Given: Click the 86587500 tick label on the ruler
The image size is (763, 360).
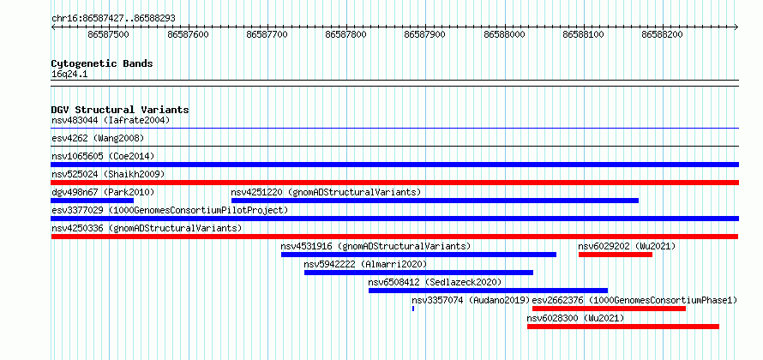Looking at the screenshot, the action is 109,34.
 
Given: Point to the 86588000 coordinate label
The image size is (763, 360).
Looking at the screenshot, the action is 505,34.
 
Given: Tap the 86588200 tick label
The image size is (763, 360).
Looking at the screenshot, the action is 663,34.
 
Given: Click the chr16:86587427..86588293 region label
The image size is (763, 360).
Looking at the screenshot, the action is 113,19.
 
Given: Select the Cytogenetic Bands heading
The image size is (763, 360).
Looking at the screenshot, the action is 102,63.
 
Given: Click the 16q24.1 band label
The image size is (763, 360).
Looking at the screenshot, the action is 69,75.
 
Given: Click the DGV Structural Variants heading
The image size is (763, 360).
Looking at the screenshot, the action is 120,110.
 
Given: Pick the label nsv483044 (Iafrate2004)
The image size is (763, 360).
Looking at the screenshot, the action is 111,120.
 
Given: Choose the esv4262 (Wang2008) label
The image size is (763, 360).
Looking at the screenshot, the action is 98,138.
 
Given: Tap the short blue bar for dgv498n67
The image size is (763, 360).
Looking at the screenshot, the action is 93,201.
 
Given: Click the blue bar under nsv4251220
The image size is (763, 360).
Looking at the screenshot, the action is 435,201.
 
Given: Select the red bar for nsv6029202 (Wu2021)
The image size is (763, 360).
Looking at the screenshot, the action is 616,255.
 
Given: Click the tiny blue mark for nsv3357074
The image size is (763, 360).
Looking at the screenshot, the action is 413,309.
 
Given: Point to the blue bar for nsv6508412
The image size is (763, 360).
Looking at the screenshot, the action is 488,291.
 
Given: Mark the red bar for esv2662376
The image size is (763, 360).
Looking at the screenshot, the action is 610,309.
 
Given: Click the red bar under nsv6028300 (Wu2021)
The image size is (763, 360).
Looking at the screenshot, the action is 623,327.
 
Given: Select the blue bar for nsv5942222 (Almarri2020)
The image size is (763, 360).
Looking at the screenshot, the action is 419,273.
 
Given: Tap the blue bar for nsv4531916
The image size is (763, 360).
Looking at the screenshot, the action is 419,255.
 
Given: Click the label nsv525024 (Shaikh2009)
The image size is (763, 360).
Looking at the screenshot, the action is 108,174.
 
